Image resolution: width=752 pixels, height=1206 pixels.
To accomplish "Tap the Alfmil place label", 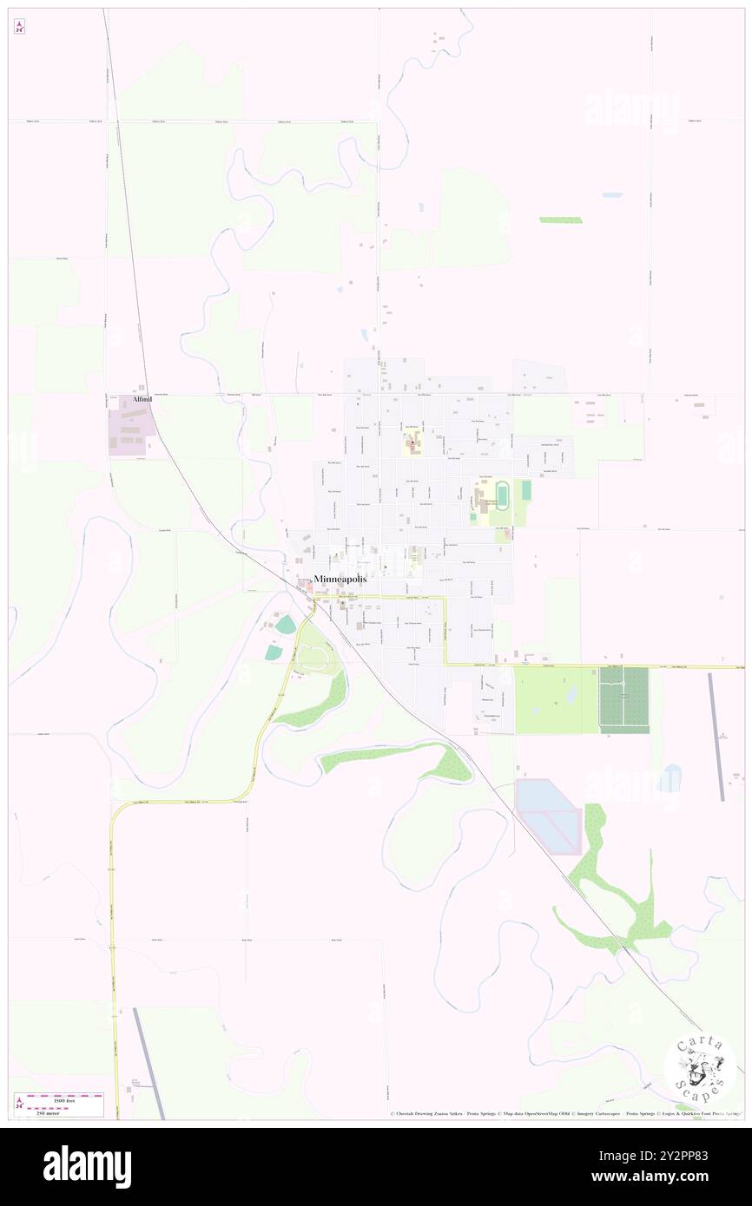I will point(142,399).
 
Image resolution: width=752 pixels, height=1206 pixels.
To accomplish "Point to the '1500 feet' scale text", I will point(64,1100).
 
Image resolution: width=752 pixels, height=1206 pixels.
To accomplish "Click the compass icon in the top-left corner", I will point(19,25).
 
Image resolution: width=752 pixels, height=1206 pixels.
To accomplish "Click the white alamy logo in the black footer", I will point(88,1167).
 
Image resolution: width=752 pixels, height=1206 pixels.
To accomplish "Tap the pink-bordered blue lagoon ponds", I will point(547,816).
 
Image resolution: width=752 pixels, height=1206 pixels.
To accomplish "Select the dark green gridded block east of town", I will point(623,699).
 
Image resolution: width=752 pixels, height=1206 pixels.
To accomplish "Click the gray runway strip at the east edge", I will point(716,737).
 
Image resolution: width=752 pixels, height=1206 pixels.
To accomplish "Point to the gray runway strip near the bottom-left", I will point(148,1063).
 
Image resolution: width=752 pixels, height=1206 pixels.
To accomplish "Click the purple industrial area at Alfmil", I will point(131,425).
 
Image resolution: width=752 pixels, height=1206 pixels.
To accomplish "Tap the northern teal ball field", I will point(286,624).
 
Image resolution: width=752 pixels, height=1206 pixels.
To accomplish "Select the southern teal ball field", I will point(274,652).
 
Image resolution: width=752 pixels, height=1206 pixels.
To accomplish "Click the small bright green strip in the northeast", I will point(560,220).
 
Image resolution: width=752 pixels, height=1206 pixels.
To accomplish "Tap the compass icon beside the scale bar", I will point(19,1105).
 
